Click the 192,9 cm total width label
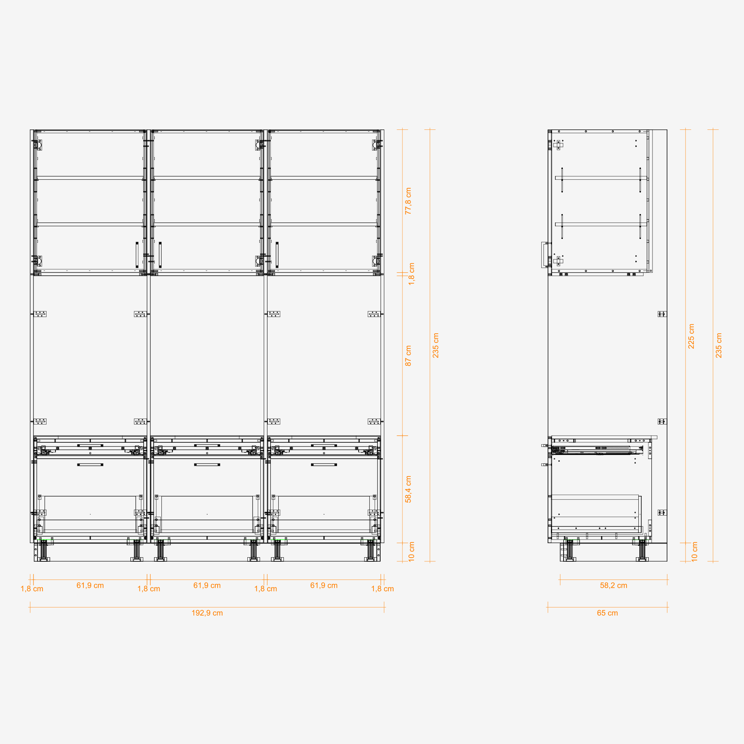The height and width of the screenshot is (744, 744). point(207,613)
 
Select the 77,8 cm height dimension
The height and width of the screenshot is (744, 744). point(408,201)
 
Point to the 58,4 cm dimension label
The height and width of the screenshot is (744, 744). point(408,490)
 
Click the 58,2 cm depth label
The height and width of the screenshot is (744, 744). point(613,585)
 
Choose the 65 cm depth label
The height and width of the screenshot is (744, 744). point(607,613)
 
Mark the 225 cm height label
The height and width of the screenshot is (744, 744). point(691,336)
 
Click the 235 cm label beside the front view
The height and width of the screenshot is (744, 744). point(436,346)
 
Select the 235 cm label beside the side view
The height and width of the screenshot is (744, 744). point(719,346)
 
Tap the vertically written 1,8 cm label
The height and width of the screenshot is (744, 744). point(412,274)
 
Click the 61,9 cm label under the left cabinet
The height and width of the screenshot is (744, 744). point(90,585)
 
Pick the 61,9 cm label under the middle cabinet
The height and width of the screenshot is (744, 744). point(207,585)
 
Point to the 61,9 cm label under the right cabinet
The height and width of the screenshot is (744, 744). point(324,585)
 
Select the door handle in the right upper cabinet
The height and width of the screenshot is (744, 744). point(277,254)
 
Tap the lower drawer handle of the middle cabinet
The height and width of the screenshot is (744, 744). point(207,465)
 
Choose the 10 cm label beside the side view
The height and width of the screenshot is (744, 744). point(694,551)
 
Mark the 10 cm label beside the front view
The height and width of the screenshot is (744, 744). point(412,551)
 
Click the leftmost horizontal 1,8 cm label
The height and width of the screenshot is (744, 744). point(32,589)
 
